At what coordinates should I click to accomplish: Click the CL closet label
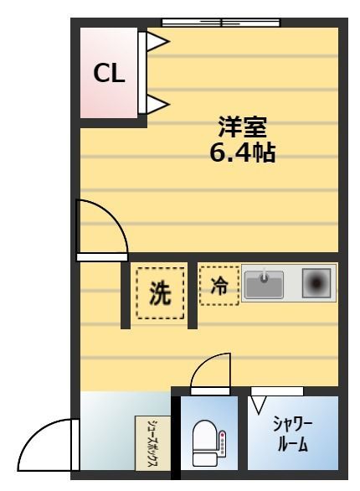(x=109, y=75)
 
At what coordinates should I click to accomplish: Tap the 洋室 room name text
(x=242, y=127)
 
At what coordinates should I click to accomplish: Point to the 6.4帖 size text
(x=242, y=153)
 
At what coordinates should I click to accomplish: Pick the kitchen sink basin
(x=265, y=284)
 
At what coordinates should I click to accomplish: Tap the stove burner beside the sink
(x=316, y=284)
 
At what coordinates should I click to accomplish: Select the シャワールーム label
(x=292, y=432)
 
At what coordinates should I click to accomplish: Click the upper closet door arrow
(x=157, y=41)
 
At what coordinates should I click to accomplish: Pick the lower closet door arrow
(x=157, y=105)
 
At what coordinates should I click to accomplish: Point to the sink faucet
(x=265, y=275)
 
